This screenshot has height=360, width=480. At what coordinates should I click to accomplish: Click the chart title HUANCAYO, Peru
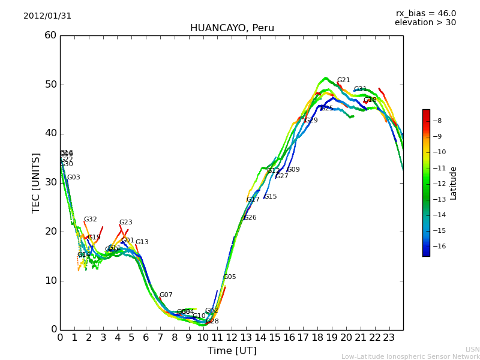coord(232,28)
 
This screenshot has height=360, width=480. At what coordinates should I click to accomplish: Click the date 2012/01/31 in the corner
coord(47,16)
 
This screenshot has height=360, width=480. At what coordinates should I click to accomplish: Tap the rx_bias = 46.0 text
coord(425,13)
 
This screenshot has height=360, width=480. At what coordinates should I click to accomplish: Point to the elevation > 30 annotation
coord(425,23)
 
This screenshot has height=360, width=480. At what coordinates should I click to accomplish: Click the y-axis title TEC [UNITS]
coord(36,182)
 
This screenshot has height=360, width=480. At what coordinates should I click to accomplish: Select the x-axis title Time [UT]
coord(232,350)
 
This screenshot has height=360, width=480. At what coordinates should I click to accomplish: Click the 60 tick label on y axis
coord(50,35)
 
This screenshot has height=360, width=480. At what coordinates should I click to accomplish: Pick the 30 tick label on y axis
coord(50,182)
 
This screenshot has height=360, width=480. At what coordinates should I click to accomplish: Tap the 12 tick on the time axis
coord(232,338)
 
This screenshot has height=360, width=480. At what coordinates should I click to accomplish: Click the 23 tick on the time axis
coord(389,338)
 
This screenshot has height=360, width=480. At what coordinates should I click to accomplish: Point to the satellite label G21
coord(343,80)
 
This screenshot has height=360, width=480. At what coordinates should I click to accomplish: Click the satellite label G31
coord(360,89)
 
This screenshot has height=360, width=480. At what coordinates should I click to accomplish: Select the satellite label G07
coord(166,295)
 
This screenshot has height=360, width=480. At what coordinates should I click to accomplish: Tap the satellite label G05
coord(229,277)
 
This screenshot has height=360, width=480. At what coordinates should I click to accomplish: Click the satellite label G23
coord(125,223)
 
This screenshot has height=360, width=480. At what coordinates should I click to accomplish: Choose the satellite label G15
coord(270,197)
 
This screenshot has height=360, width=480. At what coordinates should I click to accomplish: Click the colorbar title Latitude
coord(453,182)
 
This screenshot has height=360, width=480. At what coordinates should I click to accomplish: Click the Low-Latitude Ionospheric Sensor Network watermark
coord(410,356)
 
